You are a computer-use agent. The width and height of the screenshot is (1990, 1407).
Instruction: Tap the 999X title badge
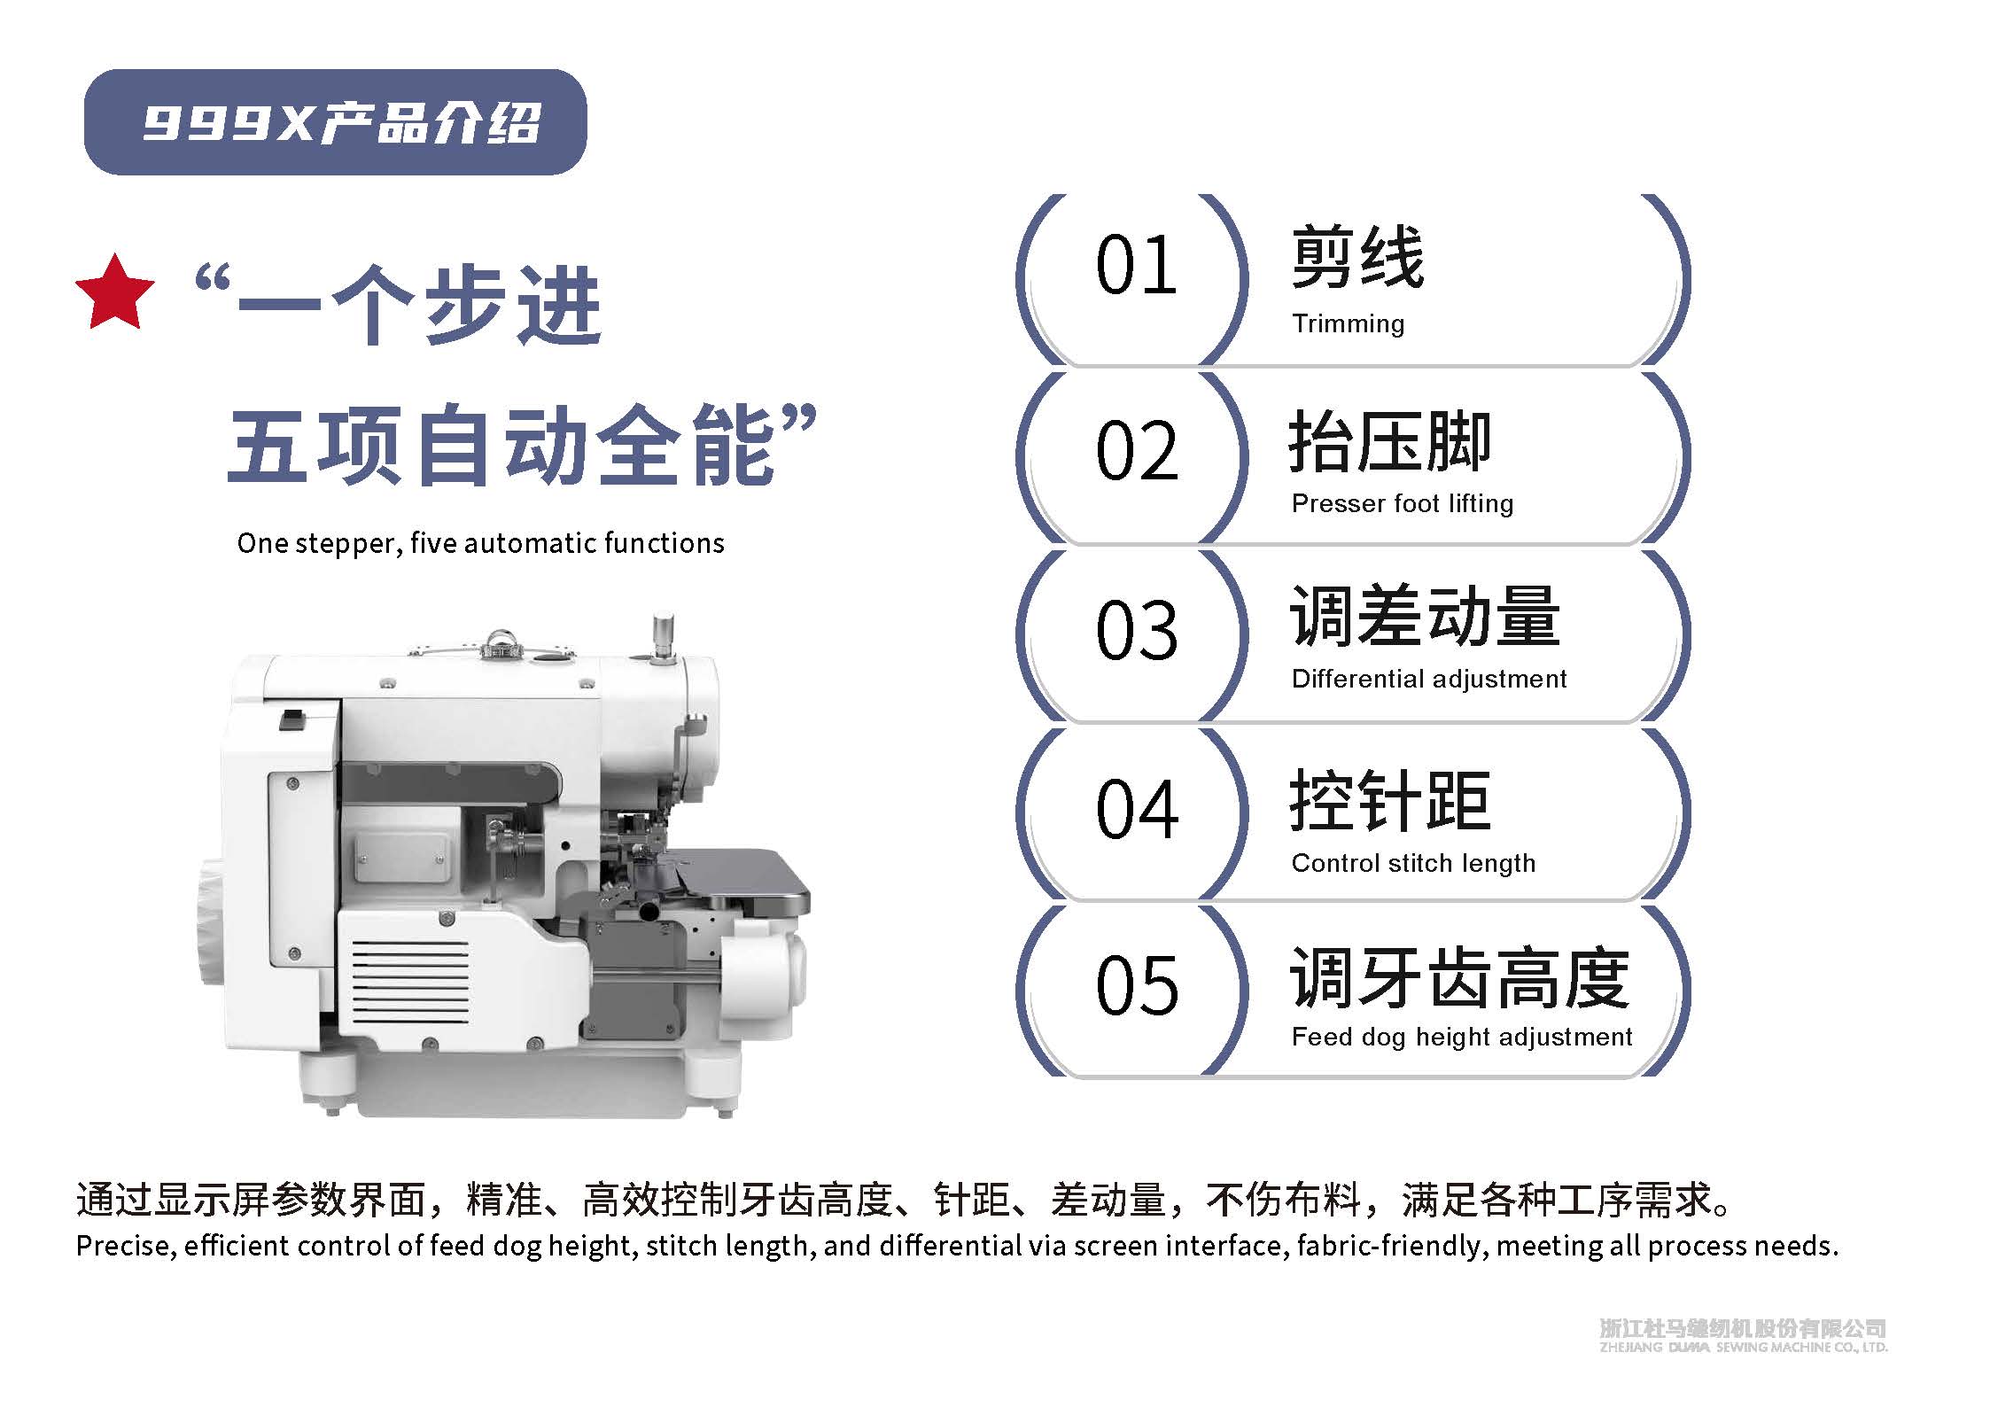point(335,122)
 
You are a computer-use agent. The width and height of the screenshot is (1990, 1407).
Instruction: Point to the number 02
point(1137,451)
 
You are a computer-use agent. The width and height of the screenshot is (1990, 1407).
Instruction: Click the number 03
point(1137,630)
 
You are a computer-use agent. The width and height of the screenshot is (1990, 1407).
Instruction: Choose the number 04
point(1137,809)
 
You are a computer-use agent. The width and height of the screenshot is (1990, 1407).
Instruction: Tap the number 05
point(1137,986)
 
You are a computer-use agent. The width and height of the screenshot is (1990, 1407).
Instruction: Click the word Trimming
point(1348,324)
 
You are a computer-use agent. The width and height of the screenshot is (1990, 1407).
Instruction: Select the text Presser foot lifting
point(1403,503)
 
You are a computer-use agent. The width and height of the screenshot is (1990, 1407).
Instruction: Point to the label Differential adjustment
point(1429,679)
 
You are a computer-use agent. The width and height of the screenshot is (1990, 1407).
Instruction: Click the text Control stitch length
point(1413,863)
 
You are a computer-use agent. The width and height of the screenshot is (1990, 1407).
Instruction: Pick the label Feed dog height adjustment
point(1462,1037)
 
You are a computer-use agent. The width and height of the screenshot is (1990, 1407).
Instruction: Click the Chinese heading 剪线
point(1357,258)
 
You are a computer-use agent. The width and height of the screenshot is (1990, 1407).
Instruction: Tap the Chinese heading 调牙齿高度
point(1459,978)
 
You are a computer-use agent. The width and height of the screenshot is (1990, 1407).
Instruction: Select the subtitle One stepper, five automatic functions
point(480,543)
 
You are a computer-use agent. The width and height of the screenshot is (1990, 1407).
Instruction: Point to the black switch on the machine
point(293,719)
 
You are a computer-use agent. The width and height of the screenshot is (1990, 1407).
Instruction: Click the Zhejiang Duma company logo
point(1744,1334)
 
